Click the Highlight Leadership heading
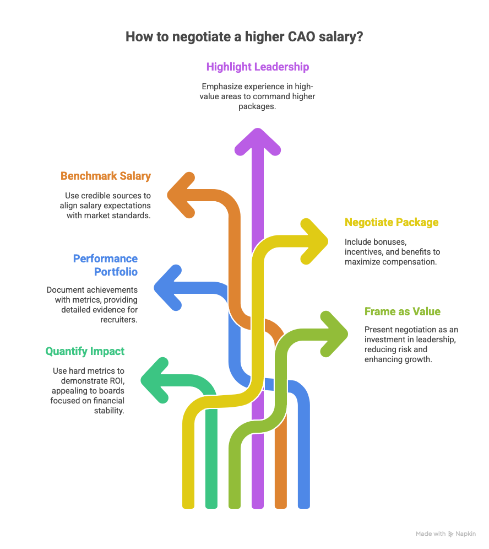[x=258, y=67]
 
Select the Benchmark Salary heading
[x=106, y=176]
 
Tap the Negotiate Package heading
[x=392, y=222]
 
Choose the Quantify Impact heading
[x=85, y=351]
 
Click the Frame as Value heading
[x=403, y=311]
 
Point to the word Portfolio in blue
[x=116, y=272]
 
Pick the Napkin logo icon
[x=451, y=534]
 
